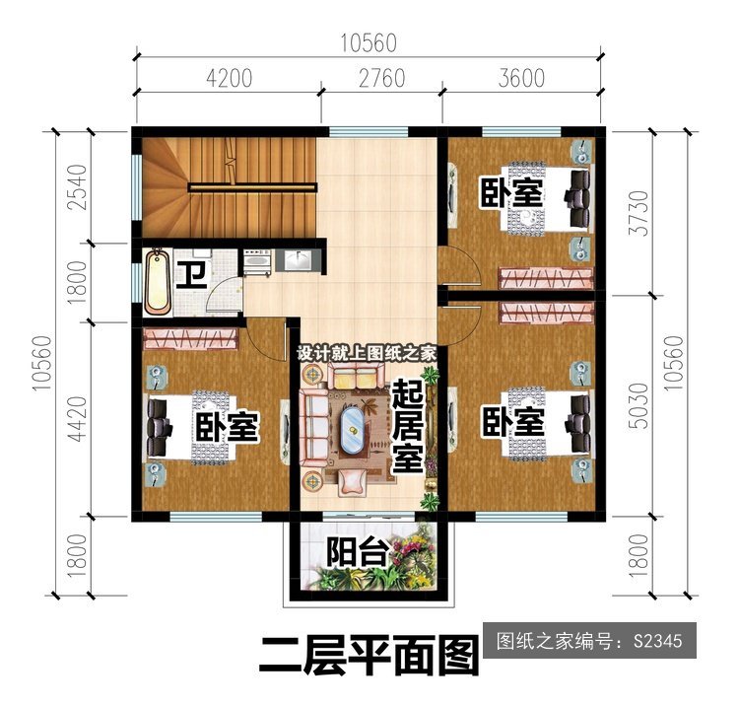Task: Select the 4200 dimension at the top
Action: pyautogui.click(x=229, y=78)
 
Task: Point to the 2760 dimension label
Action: pyautogui.click(x=381, y=78)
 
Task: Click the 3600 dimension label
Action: pyautogui.click(x=521, y=78)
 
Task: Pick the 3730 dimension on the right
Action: pyautogui.click(x=640, y=213)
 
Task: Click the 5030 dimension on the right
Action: pyautogui.click(x=640, y=405)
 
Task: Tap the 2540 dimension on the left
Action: pyautogui.click(x=77, y=186)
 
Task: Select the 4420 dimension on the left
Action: pyautogui.click(x=77, y=419)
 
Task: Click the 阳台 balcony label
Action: pyautogui.click(x=359, y=552)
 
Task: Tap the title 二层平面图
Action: pyautogui.click(x=369, y=655)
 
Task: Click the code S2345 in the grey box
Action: pyautogui.click(x=657, y=641)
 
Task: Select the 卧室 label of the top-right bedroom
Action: pyautogui.click(x=512, y=192)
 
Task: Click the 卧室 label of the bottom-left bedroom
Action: pyautogui.click(x=227, y=426)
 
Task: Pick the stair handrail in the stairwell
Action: pyautogui.click(x=252, y=187)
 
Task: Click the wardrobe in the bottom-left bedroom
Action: pyautogui.click(x=190, y=338)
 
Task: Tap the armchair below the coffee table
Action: pyautogui.click(x=352, y=482)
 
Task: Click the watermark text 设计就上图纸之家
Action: pyautogui.click(x=367, y=354)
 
